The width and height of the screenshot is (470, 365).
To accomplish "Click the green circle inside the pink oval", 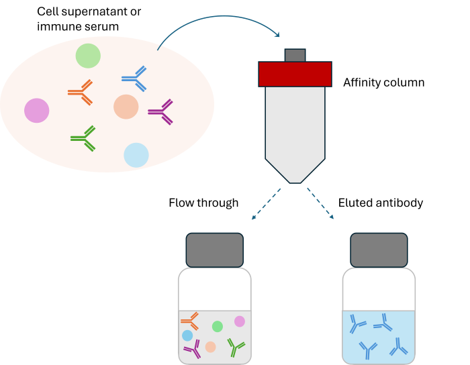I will pos(88,56).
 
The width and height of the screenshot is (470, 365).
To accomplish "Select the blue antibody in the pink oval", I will pos(135,79).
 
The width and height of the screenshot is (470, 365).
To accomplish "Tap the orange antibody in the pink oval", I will pos(81,93).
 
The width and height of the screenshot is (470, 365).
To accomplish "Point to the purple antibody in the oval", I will pos(162,111).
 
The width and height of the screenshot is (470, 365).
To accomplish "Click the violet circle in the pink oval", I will pos(37,111).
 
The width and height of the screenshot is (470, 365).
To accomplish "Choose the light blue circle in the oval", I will pos(136,155).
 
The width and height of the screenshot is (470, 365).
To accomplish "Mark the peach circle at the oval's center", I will pos(126,107).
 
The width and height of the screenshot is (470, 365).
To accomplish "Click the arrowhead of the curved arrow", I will pos(276,34).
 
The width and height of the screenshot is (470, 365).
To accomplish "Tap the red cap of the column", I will pos(295,74).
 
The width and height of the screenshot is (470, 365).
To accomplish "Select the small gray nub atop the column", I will pos(295,55).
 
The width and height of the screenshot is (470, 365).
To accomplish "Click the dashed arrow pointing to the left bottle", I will pos(266,204).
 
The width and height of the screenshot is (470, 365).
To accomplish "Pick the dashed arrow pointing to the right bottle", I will pos(320,203).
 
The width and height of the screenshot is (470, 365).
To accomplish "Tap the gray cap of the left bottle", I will pos(215,250).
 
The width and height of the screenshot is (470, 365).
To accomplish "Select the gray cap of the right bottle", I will pos(379,250).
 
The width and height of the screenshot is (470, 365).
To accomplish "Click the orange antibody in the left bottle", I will pos(191,321).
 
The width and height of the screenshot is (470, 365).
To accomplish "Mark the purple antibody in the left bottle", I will pos(193,349).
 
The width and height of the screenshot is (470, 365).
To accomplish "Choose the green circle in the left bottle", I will pos(218,327).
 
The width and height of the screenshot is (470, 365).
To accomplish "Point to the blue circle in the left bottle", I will pos(187,335).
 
